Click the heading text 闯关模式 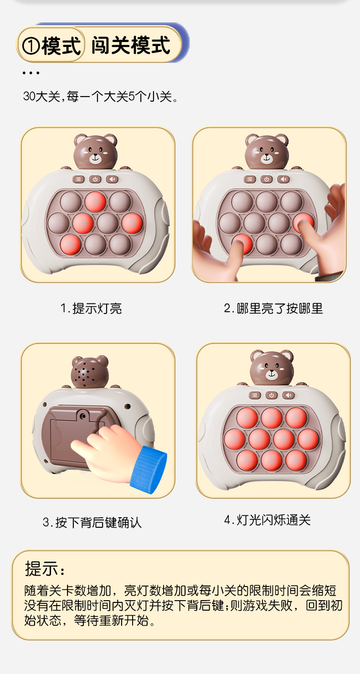(131, 46)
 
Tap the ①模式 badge (51, 46)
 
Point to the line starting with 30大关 (100, 97)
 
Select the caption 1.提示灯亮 (91, 309)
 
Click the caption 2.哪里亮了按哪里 (273, 309)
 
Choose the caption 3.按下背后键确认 (92, 522)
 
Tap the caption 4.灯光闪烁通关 (267, 520)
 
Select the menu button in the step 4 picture (255, 395)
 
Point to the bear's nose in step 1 (95, 157)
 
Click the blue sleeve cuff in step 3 (149, 469)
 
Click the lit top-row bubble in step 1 (95, 201)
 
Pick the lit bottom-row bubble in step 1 (71, 244)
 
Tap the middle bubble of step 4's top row (272, 417)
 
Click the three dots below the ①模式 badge (31, 73)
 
